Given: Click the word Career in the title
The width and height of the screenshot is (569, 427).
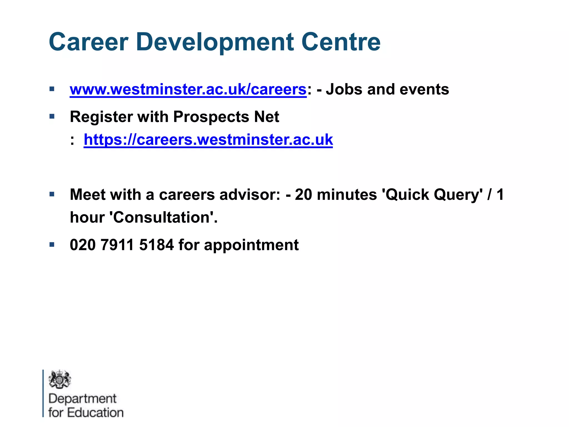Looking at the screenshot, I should (x=88, y=42).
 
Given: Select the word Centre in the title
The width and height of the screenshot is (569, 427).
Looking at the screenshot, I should (x=341, y=42).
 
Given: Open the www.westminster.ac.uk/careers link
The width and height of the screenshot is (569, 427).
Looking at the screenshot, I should (x=188, y=90).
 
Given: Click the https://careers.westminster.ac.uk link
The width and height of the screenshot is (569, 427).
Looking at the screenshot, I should (x=208, y=140).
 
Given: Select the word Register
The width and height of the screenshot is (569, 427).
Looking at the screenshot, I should (x=101, y=117).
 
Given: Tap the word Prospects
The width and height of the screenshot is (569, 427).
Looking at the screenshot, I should (x=211, y=117).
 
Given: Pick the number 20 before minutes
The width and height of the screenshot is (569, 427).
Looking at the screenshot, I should (x=303, y=195).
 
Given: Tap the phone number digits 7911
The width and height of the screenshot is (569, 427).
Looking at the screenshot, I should (x=118, y=245).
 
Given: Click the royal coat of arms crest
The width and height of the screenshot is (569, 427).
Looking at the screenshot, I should (x=60, y=379).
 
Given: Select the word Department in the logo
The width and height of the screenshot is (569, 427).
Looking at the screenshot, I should (x=83, y=399).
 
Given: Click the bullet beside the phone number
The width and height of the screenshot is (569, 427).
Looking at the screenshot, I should (x=52, y=245).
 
